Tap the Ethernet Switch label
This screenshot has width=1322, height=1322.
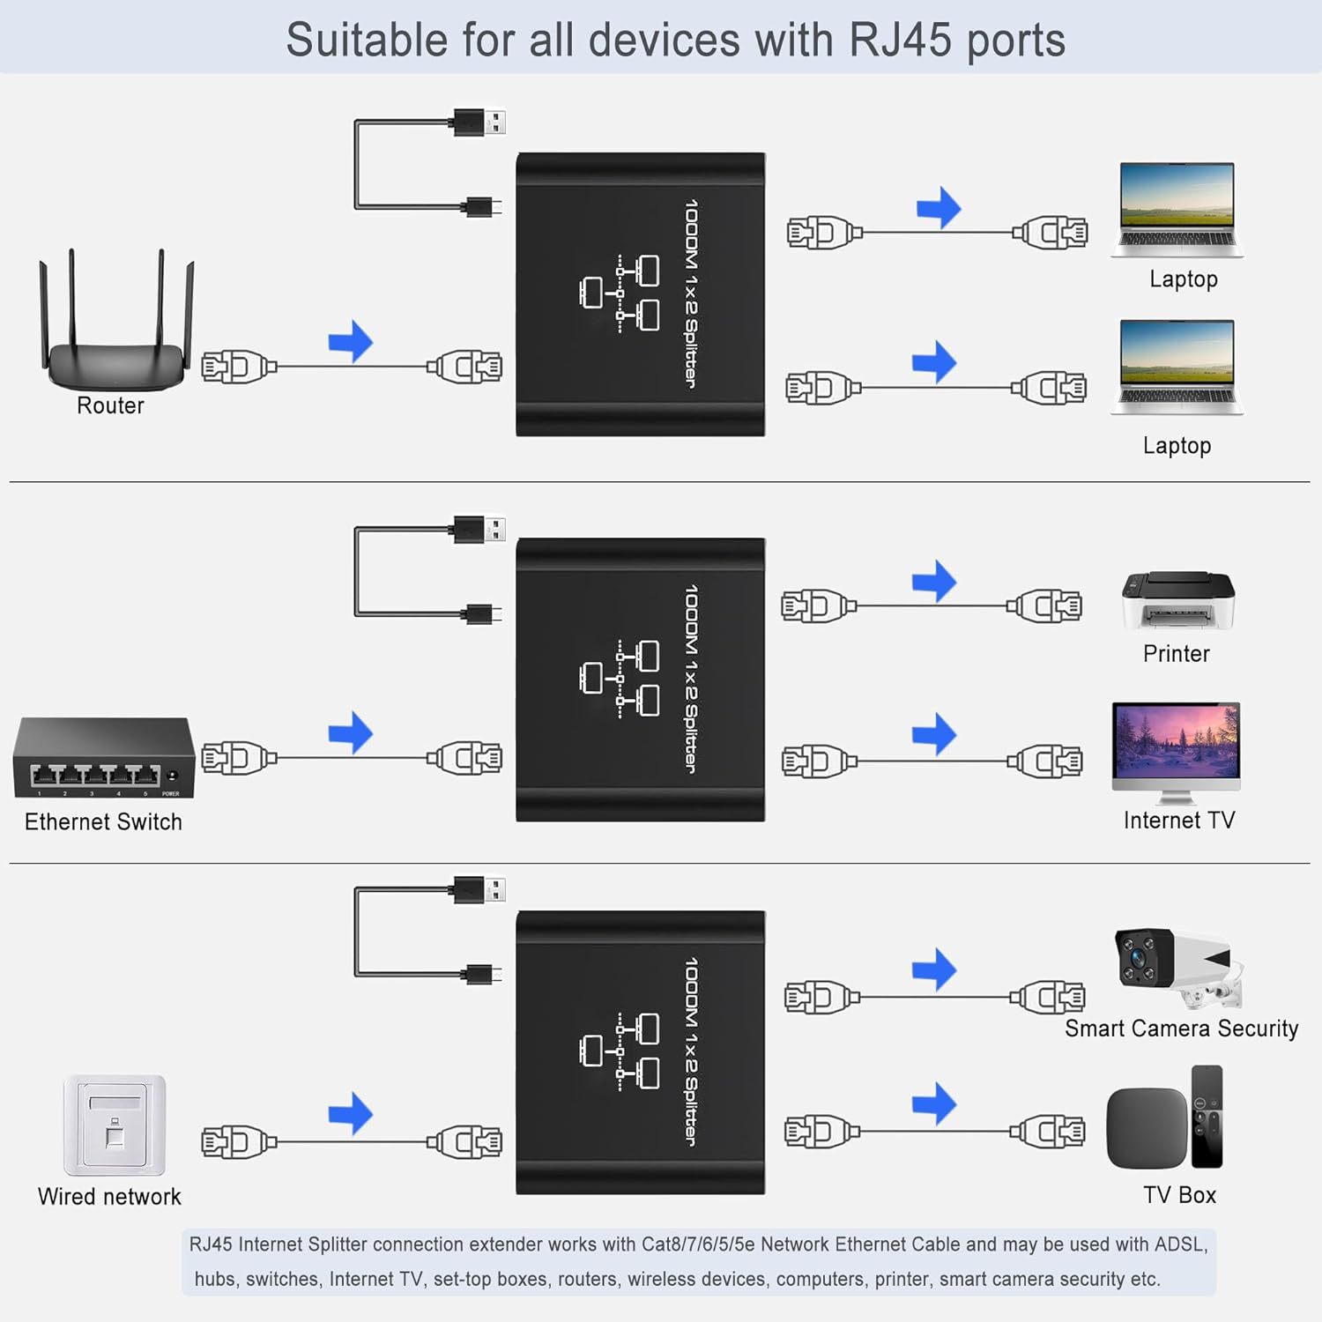pos(103,821)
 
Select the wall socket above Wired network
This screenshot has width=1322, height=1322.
pos(115,1125)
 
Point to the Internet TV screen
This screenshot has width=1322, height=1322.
pos(1176,742)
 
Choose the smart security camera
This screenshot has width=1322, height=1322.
pos(1173,967)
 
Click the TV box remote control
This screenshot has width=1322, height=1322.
pos(1207,1116)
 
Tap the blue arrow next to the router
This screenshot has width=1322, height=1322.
pos(351,341)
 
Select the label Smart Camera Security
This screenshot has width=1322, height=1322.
pos(1181,1029)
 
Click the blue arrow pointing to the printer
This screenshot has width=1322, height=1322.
pos(934,581)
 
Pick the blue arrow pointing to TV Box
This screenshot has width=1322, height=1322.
pos(934,1103)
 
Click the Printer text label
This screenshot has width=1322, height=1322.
pos(1176,654)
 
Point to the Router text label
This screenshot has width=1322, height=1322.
pos(110,405)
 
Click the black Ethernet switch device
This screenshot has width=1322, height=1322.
pos(103,758)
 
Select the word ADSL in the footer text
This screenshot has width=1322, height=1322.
pos(1179,1244)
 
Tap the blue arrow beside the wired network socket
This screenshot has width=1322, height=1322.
pos(351,1113)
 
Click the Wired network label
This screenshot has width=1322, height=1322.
pos(109,1196)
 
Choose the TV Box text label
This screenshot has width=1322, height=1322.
pos(1179,1195)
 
